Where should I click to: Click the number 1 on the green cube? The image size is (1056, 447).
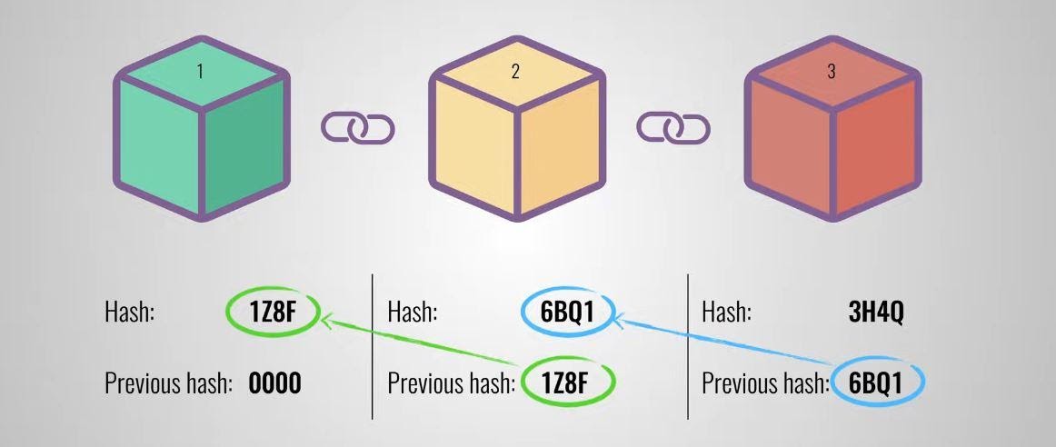click(200, 72)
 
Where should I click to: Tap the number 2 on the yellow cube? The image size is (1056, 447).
click(515, 72)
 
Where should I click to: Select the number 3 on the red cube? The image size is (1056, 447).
click(831, 72)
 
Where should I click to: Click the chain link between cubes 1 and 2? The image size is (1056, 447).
click(358, 128)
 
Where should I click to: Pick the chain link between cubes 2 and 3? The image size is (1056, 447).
click(673, 128)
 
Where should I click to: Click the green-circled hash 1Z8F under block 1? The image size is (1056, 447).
click(273, 313)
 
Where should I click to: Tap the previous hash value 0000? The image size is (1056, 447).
click(275, 383)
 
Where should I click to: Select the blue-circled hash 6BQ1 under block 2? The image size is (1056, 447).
click(568, 313)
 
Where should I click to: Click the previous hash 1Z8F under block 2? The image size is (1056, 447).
click(570, 383)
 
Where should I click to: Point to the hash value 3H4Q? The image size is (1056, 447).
click(875, 313)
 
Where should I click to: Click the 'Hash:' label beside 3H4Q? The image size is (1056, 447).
click(726, 313)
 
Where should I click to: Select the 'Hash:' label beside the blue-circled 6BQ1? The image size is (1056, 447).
click(412, 313)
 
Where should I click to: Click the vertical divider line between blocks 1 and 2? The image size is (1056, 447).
click(373, 346)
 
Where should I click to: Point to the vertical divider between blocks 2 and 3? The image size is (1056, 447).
click(688, 346)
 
